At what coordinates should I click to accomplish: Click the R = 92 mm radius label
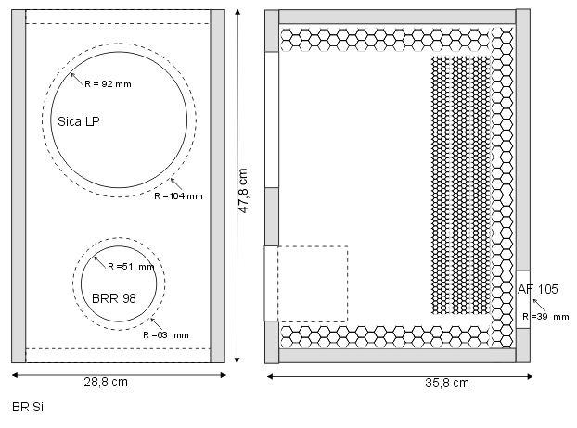click(108, 84)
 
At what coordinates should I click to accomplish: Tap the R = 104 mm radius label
click(178, 196)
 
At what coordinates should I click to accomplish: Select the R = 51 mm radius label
click(131, 267)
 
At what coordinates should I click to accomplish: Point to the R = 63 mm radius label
click(166, 335)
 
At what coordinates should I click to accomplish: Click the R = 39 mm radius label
click(545, 316)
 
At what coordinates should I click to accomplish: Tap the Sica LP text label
click(79, 121)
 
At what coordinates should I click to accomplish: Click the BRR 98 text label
click(114, 298)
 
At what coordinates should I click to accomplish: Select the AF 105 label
click(538, 289)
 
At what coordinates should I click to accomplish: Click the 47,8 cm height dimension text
click(244, 190)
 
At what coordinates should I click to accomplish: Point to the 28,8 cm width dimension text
click(106, 382)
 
